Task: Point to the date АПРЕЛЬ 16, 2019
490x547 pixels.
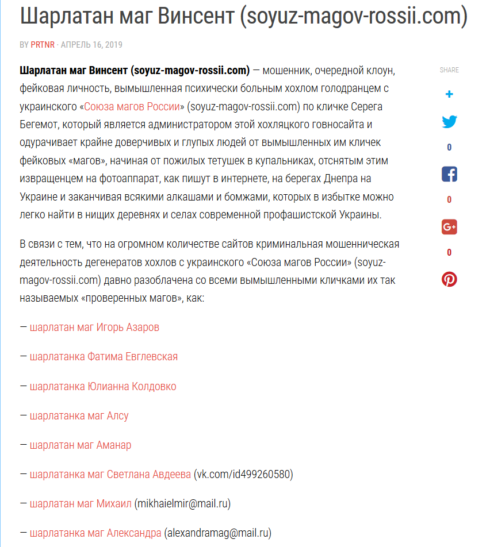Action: pyautogui.click(x=91, y=45)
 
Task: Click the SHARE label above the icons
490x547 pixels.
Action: pyautogui.click(x=449, y=70)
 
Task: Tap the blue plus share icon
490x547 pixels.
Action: pyautogui.click(x=449, y=94)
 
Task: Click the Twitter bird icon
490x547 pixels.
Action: pyautogui.click(x=449, y=122)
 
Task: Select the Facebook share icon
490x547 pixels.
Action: pyautogui.click(x=449, y=174)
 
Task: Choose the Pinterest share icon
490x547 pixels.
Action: pyautogui.click(x=449, y=279)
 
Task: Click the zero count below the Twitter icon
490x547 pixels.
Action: pyautogui.click(x=449, y=148)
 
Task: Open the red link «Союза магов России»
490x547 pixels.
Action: pyautogui.click(x=135, y=106)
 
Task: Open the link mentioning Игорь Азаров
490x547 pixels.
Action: pyautogui.click(x=94, y=328)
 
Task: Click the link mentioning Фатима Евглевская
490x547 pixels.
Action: pyautogui.click(x=104, y=357)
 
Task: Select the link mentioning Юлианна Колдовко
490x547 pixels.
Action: pyautogui.click(x=103, y=387)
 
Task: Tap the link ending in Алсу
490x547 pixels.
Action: pyautogui.click(x=79, y=416)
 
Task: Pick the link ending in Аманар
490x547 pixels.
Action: pyautogui.click(x=81, y=445)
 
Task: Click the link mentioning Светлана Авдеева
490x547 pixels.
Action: pyautogui.click(x=110, y=475)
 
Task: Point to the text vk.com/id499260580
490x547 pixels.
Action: pyautogui.click(x=244, y=475)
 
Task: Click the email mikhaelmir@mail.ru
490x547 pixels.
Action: pyautogui.click(x=182, y=504)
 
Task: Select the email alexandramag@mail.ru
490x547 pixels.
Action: pyautogui.click(x=217, y=533)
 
